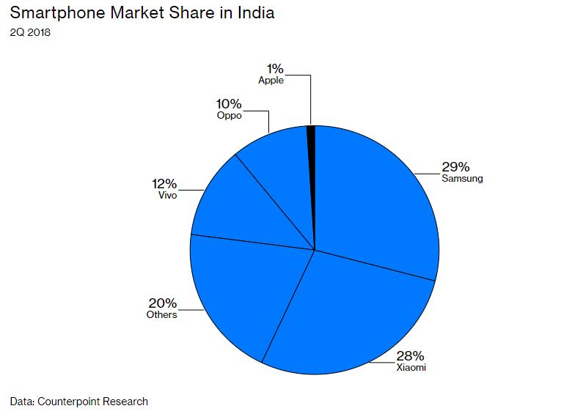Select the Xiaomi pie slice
(345, 315)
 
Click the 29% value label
(455, 166)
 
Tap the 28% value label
(409, 355)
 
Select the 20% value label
(163, 303)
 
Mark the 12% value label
(164, 183)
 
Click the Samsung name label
(462, 179)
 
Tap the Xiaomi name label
(411, 368)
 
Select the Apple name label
(271, 81)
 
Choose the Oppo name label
(230, 116)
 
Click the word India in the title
(253, 14)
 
